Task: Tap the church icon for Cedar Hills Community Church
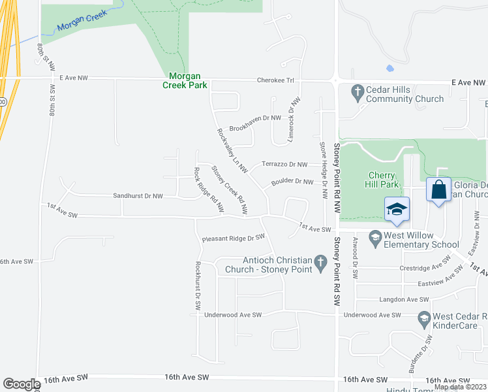[357, 93]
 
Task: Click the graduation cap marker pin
[397, 210]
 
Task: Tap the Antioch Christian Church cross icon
[320, 264]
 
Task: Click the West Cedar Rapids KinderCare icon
[424, 319]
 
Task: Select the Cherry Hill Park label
[382, 180]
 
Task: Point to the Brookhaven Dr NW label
[254, 118]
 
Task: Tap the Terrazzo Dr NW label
[284, 164]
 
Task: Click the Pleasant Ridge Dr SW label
[233, 238]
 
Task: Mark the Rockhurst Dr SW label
[197, 286]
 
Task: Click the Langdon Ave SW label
[404, 299]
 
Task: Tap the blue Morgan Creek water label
[81, 27]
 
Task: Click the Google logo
[21, 384]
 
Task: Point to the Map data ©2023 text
[459, 387]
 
